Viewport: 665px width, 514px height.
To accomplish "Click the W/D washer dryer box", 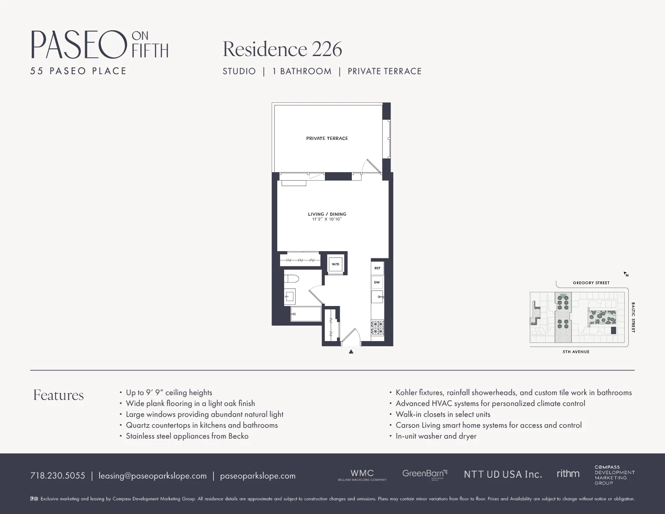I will tap(335, 264).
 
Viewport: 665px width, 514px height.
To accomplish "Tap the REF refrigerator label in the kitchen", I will tap(377, 268).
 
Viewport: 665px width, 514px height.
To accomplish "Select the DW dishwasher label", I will tap(377, 282).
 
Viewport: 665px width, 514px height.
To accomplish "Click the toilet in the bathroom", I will tap(291, 279).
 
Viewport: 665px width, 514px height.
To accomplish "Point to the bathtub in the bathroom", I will tap(306, 314).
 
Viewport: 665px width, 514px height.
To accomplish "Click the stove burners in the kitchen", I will tap(378, 327).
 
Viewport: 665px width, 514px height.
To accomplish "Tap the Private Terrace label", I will tap(327, 138).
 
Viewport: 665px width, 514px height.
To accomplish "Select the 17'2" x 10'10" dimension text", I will tap(327, 220).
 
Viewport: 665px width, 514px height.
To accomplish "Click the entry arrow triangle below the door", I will tap(351, 352).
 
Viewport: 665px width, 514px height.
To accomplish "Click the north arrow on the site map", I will tap(626, 274).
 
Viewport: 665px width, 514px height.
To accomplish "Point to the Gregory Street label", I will tap(591, 283).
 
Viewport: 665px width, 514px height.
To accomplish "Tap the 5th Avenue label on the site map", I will tap(576, 352).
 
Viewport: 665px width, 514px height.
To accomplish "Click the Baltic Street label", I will tap(633, 317).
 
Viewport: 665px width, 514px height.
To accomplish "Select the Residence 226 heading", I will tap(282, 49).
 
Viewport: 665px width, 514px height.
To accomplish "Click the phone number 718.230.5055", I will tap(58, 476).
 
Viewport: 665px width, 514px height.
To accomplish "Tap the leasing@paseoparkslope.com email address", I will tap(152, 476).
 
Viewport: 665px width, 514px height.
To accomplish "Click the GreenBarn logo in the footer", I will tap(424, 474).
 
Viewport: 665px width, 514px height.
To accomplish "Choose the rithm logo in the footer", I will tap(568, 474).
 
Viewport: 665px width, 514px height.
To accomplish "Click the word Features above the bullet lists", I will tap(58, 395).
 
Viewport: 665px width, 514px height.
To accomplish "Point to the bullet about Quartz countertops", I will tap(202, 425).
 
